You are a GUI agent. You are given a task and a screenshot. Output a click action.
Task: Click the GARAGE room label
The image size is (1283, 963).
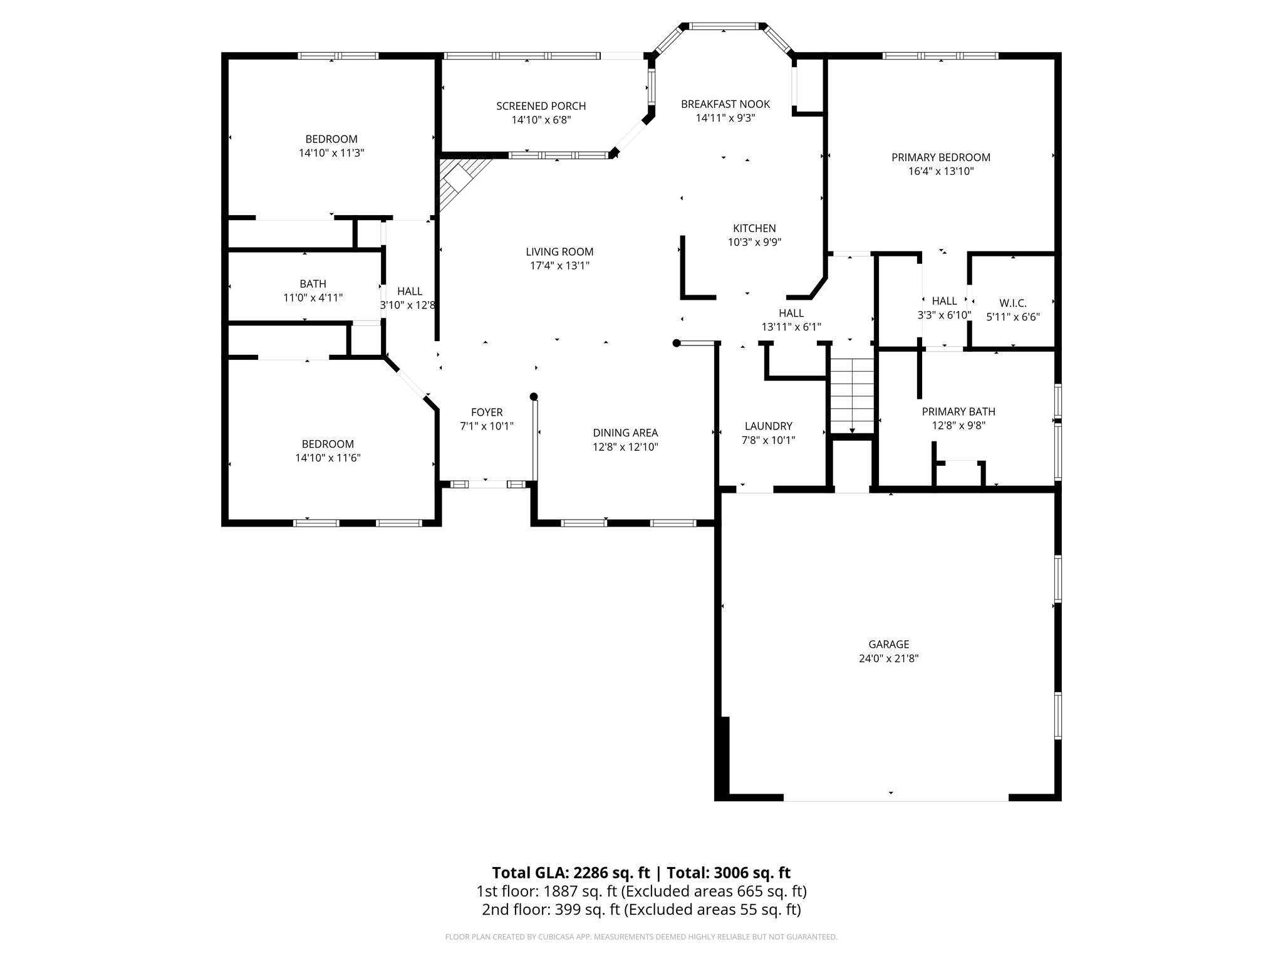coord(888,644)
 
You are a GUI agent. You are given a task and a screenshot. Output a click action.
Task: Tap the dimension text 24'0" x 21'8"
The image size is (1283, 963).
coord(888,658)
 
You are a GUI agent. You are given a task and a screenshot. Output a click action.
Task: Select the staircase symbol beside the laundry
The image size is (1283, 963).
coord(852,395)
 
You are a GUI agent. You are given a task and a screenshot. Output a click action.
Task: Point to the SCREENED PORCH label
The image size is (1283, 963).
coord(541,106)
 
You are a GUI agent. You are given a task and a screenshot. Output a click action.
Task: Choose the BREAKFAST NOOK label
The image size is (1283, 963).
coord(725,104)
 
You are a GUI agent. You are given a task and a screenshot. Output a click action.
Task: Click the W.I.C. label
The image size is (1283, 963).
coord(1012,303)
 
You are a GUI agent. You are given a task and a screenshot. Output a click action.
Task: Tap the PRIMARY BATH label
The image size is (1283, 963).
coord(958,411)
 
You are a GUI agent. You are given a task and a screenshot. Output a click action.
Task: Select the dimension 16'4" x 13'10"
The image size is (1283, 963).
coord(941,171)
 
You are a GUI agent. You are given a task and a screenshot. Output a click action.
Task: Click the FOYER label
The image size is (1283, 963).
coord(487,412)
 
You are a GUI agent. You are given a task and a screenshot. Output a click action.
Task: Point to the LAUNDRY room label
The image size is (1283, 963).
coord(768,426)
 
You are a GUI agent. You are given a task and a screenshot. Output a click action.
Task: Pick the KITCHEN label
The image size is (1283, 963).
coord(754,228)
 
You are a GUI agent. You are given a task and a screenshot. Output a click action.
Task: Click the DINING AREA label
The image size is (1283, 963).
coord(625,433)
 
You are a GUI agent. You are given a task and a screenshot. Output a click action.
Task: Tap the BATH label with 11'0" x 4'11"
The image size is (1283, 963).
coord(313,284)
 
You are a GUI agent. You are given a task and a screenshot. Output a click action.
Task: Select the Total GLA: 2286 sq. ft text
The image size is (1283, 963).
coord(570,873)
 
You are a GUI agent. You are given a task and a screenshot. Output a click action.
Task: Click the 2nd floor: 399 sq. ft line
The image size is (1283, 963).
coord(641,909)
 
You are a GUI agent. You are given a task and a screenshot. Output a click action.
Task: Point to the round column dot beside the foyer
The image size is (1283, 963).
coord(534,396)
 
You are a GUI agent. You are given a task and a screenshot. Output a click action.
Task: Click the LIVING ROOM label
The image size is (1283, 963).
coord(559,251)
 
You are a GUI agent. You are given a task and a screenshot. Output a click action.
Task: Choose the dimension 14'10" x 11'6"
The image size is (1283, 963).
coord(328,458)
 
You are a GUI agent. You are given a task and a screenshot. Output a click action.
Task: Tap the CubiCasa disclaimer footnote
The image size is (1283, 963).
coord(641,937)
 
